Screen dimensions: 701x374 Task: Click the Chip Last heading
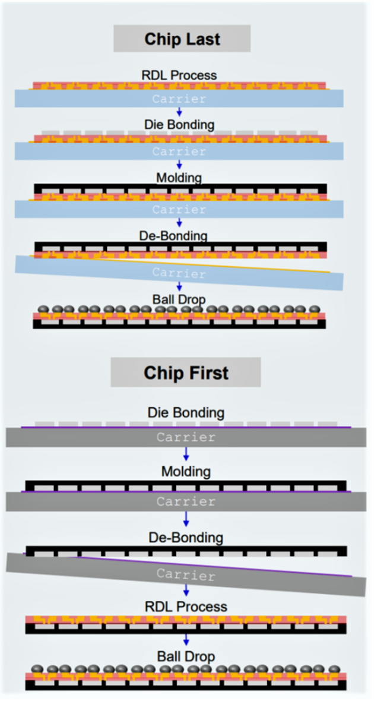[x=182, y=39]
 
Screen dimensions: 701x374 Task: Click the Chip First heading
[x=185, y=373]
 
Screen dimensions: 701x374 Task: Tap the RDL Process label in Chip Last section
[x=179, y=75]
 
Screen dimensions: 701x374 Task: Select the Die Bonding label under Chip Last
[x=179, y=125]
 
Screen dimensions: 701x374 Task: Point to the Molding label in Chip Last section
[x=179, y=178]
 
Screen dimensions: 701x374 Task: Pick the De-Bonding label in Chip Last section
[x=179, y=236]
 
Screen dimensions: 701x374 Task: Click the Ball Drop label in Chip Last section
[x=179, y=299]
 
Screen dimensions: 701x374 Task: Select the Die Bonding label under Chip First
[x=185, y=412]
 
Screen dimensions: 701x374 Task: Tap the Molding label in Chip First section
[x=185, y=472]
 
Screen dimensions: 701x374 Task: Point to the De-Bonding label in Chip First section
[x=185, y=538]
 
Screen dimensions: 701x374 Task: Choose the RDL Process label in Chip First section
[x=185, y=607]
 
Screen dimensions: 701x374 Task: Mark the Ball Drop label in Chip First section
[x=185, y=656]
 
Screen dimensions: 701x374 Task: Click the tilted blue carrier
[x=179, y=273]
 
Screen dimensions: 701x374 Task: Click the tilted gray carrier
[x=185, y=574]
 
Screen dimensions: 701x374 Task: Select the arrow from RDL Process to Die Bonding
[x=179, y=112]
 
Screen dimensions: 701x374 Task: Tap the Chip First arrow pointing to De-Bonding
[x=186, y=519]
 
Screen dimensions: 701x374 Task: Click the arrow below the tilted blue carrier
[x=179, y=287]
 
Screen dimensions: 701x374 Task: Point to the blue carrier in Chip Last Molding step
[x=179, y=209]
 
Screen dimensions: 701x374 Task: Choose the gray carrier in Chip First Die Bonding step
[x=185, y=438]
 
